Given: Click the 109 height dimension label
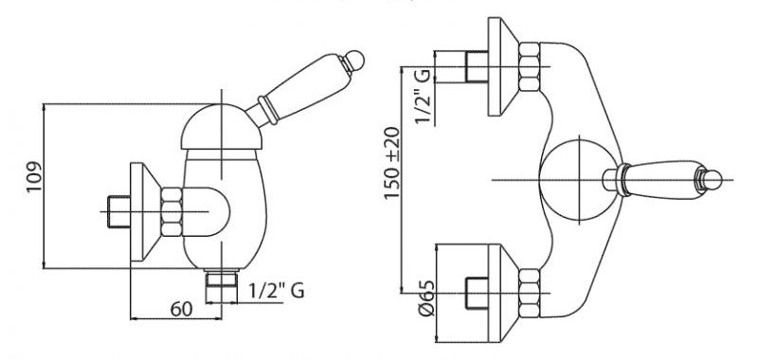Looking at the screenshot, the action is coord(35,176).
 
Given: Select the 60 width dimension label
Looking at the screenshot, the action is coord(181,309).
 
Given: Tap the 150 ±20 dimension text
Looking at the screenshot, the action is coord(392,162).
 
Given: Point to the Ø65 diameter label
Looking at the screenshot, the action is coord(426,298).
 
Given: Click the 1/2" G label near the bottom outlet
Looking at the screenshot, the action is coord(277,291).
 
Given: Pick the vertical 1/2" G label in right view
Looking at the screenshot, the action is coord(423,97).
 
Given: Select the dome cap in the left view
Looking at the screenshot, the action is coord(222,127).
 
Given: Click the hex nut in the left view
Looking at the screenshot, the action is coord(171,211).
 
